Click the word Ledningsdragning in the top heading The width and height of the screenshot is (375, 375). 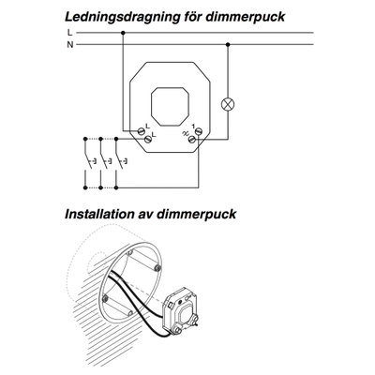click(121, 17)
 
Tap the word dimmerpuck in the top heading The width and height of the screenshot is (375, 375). click(245, 17)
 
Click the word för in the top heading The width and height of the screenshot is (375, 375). click(191, 16)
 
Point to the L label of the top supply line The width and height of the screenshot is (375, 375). click(69, 32)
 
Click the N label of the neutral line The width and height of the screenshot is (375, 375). click(70, 45)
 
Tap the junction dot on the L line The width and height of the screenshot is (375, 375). click(123, 33)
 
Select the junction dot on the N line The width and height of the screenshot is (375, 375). click(228, 45)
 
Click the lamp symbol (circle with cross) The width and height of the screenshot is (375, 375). click(228, 104)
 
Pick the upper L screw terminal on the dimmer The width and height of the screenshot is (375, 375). click(141, 130)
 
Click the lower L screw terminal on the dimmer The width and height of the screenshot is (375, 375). click(147, 140)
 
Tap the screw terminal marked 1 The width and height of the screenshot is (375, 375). click(199, 130)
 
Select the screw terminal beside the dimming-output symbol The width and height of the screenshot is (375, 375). click(192, 140)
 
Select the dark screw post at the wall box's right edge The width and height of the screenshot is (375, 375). click(157, 267)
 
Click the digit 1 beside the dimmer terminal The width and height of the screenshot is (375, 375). click(194, 126)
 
